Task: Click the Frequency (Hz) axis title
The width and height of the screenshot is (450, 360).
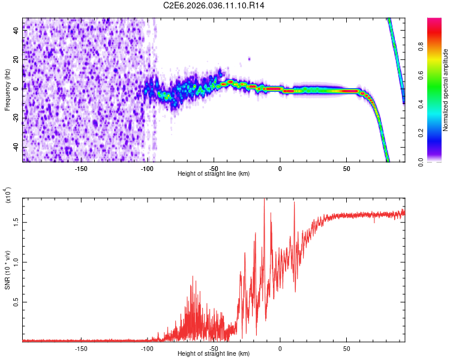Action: pyautogui.click(x=7, y=90)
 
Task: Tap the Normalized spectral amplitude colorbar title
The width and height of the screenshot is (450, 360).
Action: pyautogui.click(x=446, y=90)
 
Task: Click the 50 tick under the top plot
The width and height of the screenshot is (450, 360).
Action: pyautogui.click(x=346, y=169)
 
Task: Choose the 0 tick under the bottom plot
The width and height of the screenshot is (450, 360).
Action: pyautogui.click(x=280, y=349)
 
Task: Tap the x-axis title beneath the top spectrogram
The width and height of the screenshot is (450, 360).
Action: pyautogui.click(x=214, y=174)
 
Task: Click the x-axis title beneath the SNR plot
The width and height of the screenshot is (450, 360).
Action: pyautogui.click(x=214, y=354)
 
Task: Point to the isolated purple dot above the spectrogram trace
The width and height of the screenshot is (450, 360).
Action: pyautogui.click(x=249, y=59)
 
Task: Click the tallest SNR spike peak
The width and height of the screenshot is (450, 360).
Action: pyautogui.click(x=265, y=200)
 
